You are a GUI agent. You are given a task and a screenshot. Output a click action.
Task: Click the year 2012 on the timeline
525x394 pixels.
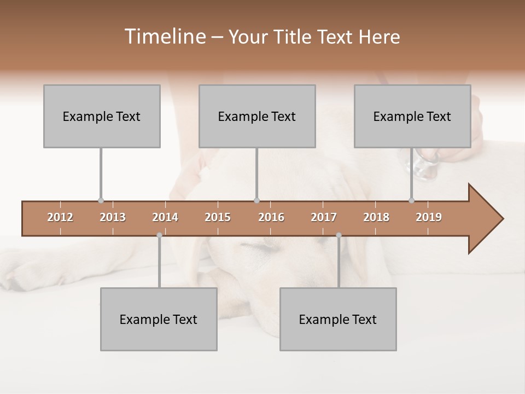60,217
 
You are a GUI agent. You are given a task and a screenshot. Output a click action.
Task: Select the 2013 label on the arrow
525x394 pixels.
113,217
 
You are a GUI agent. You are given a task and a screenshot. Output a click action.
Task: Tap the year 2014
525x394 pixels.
165,217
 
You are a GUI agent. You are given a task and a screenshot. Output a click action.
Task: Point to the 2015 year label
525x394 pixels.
218,217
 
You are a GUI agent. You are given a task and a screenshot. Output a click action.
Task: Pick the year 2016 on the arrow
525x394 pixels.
271,217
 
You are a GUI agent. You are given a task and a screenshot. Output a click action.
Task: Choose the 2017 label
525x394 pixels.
324,217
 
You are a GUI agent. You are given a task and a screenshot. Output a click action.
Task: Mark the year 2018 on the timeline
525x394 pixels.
376,217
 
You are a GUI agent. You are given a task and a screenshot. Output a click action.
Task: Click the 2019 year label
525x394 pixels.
429,217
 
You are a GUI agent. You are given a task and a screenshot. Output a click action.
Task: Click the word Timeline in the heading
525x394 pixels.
164,37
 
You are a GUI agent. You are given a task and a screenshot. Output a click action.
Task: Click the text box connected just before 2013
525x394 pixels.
102,116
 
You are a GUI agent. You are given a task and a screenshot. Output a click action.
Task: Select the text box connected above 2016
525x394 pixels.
257,116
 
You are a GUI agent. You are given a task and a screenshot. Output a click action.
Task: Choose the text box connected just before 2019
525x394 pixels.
412,116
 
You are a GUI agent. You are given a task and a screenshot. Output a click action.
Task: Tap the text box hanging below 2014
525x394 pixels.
159,319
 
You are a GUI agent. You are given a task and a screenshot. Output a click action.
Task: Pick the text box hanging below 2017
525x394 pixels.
338,319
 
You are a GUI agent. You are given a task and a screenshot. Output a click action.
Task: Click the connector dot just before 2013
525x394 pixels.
101,201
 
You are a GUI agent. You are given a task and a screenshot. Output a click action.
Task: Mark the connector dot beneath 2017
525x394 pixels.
339,235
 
